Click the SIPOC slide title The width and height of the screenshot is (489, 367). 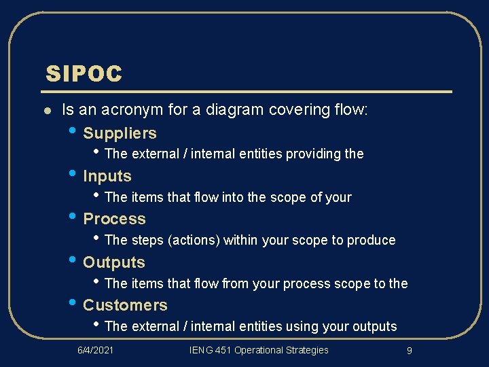click(84, 74)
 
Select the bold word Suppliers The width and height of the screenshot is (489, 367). click(120, 133)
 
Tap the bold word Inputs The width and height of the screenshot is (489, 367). click(107, 177)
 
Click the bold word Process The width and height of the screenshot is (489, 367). click(114, 219)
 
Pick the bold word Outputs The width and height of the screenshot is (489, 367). click(114, 262)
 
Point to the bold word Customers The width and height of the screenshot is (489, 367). click(125, 305)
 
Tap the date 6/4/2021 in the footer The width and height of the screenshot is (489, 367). click(95, 350)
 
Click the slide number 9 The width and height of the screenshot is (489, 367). click(409, 351)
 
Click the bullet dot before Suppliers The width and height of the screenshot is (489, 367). click(73, 132)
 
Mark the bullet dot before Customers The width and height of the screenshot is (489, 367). click(73, 304)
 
